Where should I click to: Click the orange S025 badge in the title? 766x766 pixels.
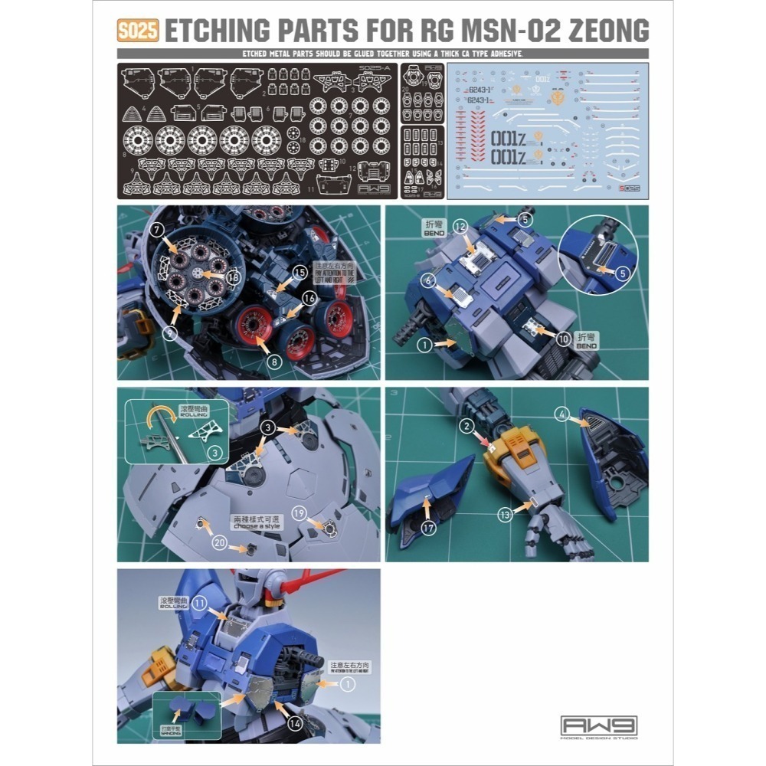pos(137,31)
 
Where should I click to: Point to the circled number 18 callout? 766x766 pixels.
pos(234,277)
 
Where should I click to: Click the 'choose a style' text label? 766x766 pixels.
pos(257,526)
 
